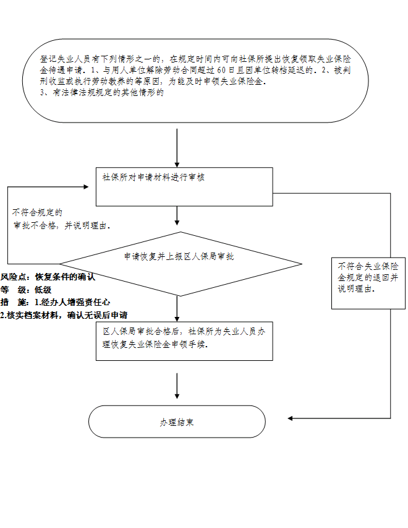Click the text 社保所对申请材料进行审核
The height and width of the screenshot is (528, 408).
(x=153, y=177)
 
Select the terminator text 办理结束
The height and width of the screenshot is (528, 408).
(x=177, y=422)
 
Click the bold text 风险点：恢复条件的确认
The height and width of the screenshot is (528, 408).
(x=48, y=277)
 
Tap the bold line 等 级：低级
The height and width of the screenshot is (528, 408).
(x=26, y=289)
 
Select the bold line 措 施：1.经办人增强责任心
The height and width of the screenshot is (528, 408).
(x=55, y=302)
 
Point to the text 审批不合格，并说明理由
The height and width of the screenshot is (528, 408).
(x=61, y=225)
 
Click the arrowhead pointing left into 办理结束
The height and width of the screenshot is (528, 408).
(x=291, y=418)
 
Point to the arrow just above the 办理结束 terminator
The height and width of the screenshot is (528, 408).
(x=177, y=386)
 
